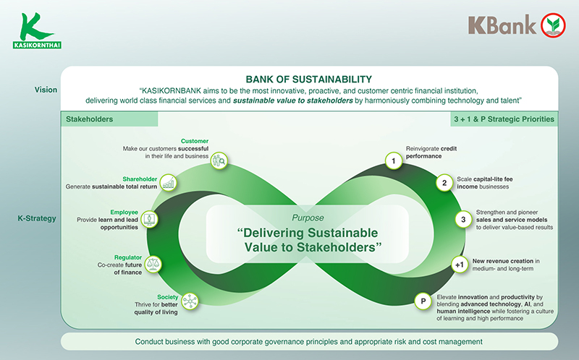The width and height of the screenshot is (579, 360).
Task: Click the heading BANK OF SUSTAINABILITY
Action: [309, 79]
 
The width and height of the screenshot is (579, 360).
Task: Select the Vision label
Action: [46, 90]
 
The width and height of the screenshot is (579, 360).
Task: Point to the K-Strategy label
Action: [38, 218]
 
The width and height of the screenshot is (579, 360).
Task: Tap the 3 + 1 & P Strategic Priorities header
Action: [503, 119]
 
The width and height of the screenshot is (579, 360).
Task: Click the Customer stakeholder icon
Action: [220, 160]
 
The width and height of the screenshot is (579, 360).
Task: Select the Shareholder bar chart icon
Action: [168, 183]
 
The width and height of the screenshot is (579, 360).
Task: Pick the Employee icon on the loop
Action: [149, 218]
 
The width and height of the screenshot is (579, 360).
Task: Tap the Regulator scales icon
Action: [153, 265]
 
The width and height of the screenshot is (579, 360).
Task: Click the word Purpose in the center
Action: [308, 218]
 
